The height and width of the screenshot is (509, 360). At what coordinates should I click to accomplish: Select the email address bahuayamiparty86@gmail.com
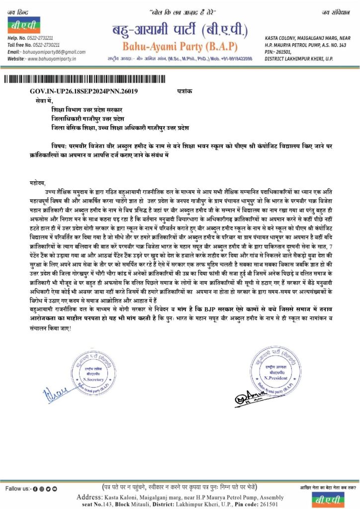[x=50, y=52]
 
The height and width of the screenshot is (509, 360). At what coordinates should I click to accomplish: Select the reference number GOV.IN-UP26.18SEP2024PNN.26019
[x=80, y=92]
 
